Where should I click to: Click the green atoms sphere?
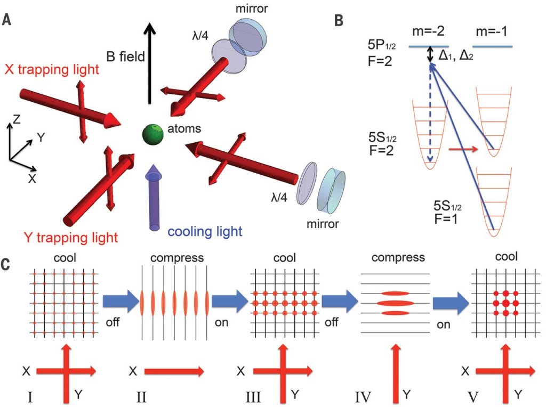(x=152, y=133)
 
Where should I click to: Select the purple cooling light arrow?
(x=154, y=197)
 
